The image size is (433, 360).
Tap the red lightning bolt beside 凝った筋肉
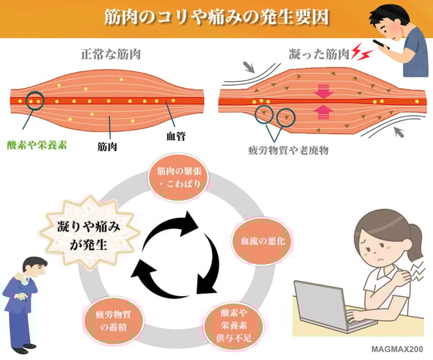(x=358, y=52)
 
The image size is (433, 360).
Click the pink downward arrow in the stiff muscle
(x=322, y=92)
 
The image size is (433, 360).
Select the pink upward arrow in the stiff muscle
(x=322, y=110)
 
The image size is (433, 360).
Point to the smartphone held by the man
(x=381, y=44)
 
